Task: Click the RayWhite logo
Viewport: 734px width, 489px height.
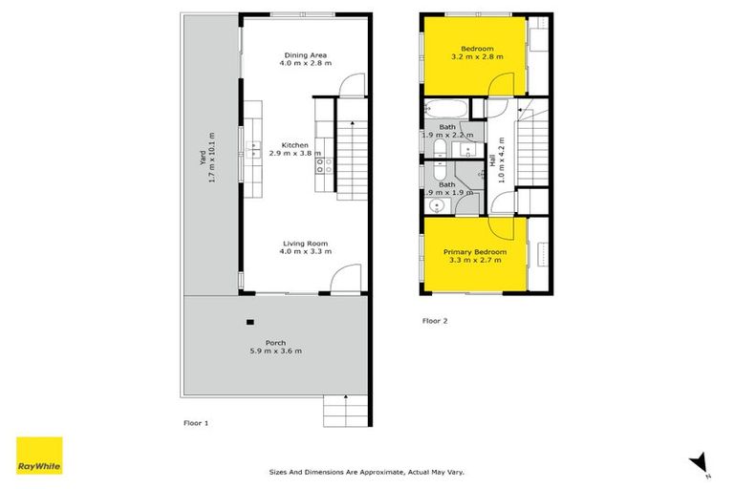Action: (x=39, y=456)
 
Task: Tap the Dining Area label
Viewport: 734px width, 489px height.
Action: (x=306, y=59)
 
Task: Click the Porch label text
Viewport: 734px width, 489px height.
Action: (x=275, y=347)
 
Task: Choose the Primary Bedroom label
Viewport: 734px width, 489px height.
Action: (x=474, y=256)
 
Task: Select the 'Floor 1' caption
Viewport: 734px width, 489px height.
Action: (x=196, y=420)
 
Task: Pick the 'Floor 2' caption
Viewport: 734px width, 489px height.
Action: (x=435, y=321)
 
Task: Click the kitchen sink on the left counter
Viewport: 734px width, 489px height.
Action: (x=255, y=147)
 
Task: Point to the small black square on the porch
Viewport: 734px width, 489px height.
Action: (x=250, y=321)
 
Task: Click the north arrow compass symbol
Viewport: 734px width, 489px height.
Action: (x=698, y=461)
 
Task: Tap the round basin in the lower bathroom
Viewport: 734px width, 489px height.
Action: (x=439, y=205)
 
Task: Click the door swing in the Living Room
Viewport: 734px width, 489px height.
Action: (x=342, y=280)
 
